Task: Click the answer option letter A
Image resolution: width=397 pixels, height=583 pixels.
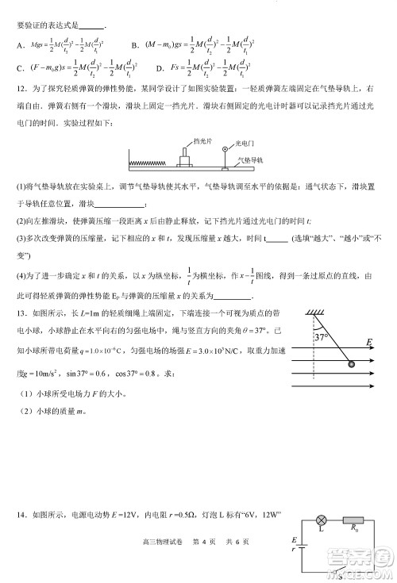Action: click(19, 44)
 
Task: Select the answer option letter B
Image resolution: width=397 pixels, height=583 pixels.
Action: click(135, 44)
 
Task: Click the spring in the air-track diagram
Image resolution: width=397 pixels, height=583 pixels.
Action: click(152, 163)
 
